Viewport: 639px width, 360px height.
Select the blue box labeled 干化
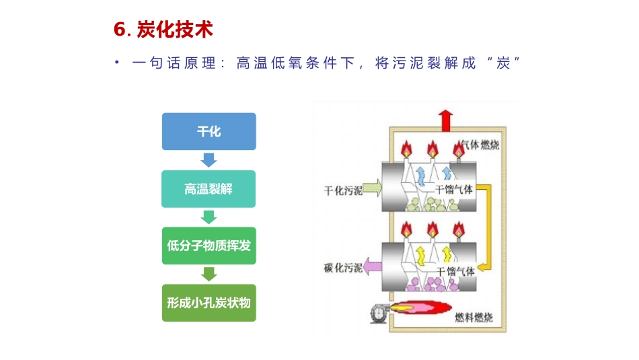click(209, 131)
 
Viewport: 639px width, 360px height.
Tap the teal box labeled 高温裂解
click(209, 189)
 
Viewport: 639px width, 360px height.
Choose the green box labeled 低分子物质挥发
click(209, 246)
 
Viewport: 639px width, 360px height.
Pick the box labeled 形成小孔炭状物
click(209, 303)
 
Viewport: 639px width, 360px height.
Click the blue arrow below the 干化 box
click(209, 160)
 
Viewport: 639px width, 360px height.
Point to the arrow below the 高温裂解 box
click(209, 217)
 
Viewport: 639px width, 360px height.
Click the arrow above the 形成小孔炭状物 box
click(209, 274)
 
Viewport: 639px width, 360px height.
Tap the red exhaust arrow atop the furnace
click(445, 122)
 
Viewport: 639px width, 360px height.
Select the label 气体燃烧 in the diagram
click(479, 145)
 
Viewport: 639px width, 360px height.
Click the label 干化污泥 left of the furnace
click(343, 190)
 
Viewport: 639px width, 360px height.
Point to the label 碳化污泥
click(343, 268)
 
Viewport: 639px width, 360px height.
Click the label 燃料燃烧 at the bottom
click(474, 318)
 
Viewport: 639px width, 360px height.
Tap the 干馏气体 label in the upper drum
click(454, 190)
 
